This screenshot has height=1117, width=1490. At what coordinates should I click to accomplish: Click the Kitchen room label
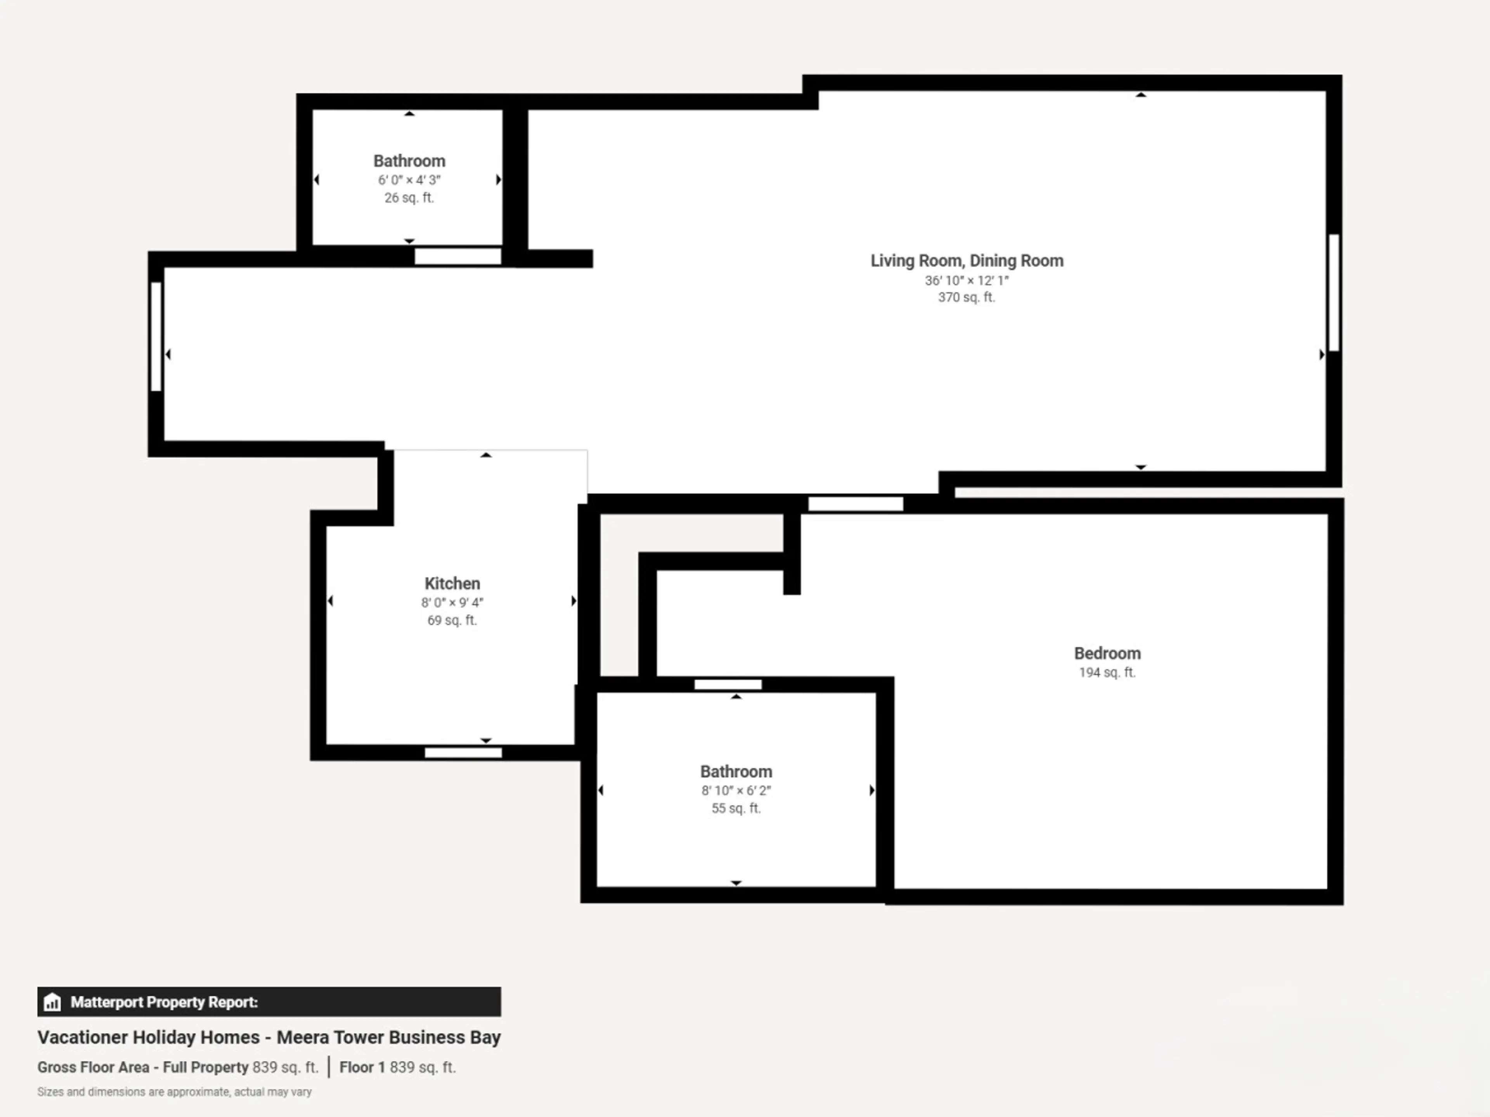[x=452, y=584]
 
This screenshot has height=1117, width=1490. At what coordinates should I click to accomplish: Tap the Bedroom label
[x=1107, y=653]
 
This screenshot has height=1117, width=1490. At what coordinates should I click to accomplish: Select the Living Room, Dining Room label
[x=967, y=261]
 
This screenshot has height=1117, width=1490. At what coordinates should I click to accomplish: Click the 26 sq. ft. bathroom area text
[x=409, y=198]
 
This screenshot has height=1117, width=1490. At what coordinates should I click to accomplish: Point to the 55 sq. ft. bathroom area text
[x=736, y=808]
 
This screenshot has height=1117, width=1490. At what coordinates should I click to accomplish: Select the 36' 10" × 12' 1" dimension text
[x=967, y=280]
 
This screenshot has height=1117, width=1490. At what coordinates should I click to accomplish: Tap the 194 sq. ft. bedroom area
[x=1107, y=672]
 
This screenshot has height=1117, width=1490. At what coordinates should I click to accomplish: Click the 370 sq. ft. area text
[x=967, y=297]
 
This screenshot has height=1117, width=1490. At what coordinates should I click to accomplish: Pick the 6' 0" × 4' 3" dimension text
[x=409, y=180]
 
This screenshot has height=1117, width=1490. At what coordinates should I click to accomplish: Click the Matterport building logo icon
[x=52, y=1002]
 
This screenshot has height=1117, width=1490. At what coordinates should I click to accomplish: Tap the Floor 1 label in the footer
[x=362, y=1067]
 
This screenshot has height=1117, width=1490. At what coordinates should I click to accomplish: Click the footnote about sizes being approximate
[x=175, y=1091]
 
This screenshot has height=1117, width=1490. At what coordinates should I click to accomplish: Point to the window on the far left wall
[x=156, y=336]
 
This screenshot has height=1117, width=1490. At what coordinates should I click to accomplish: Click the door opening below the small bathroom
[x=458, y=256]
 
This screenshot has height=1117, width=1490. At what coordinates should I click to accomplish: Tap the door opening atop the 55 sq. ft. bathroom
[x=728, y=685]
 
